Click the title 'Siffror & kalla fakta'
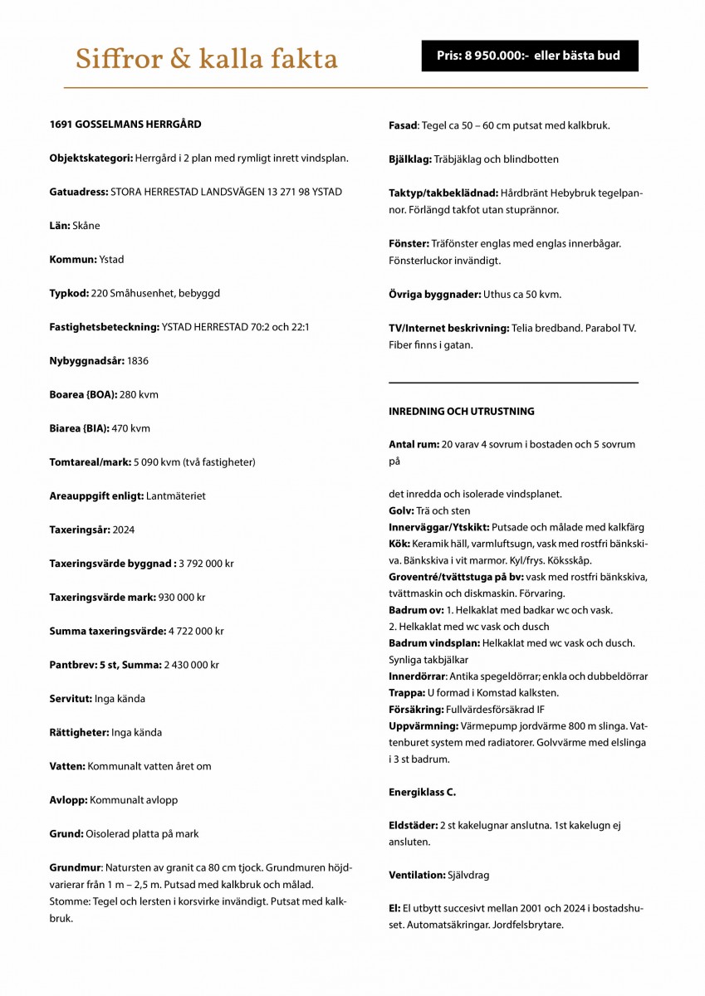click(x=207, y=60)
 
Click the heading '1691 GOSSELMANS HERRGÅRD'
click(x=125, y=124)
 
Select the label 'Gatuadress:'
click(x=79, y=192)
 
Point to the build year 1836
click(x=138, y=361)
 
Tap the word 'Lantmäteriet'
click(x=175, y=496)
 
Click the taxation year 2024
click(x=123, y=530)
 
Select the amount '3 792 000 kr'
click(x=206, y=564)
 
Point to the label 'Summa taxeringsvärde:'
click(x=107, y=632)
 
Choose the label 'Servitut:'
click(x=71, y=699)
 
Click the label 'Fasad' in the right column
click(x=403, y=125)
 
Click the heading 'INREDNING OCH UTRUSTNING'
click(x=462, y=412)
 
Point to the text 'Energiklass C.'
click(x=422, y=793)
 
